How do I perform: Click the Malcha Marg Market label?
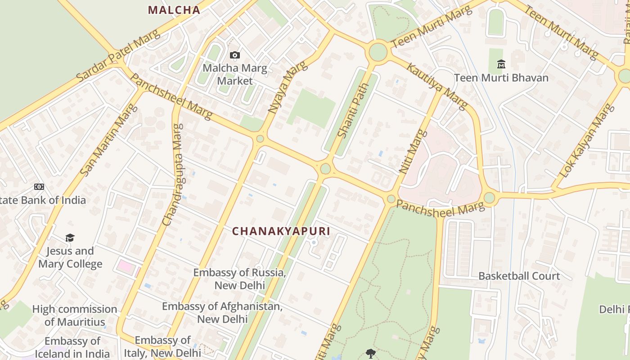point(235,75)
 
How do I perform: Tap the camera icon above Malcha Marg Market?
point(235,55)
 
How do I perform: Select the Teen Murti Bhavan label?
point(501,78)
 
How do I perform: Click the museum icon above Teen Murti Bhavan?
point(501,64)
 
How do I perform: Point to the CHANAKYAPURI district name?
point(281,231)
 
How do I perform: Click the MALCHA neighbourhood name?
point(174,10)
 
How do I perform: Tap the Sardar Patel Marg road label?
point(118,56)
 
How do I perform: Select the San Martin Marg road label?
point(108,139)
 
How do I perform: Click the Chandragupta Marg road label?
point(173,175)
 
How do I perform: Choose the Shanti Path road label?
point(350,111)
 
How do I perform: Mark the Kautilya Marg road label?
point(437,86)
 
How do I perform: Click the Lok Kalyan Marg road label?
point(585,140)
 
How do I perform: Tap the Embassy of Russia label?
point(239,279)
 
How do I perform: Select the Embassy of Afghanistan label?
point(222,313)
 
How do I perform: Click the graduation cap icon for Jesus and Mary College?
point(70,238)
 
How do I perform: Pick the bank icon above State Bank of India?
point(39,187)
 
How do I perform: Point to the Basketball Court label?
point(519,276)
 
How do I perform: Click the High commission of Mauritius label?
point(75,315)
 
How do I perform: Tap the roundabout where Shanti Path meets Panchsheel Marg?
point(325,169)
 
